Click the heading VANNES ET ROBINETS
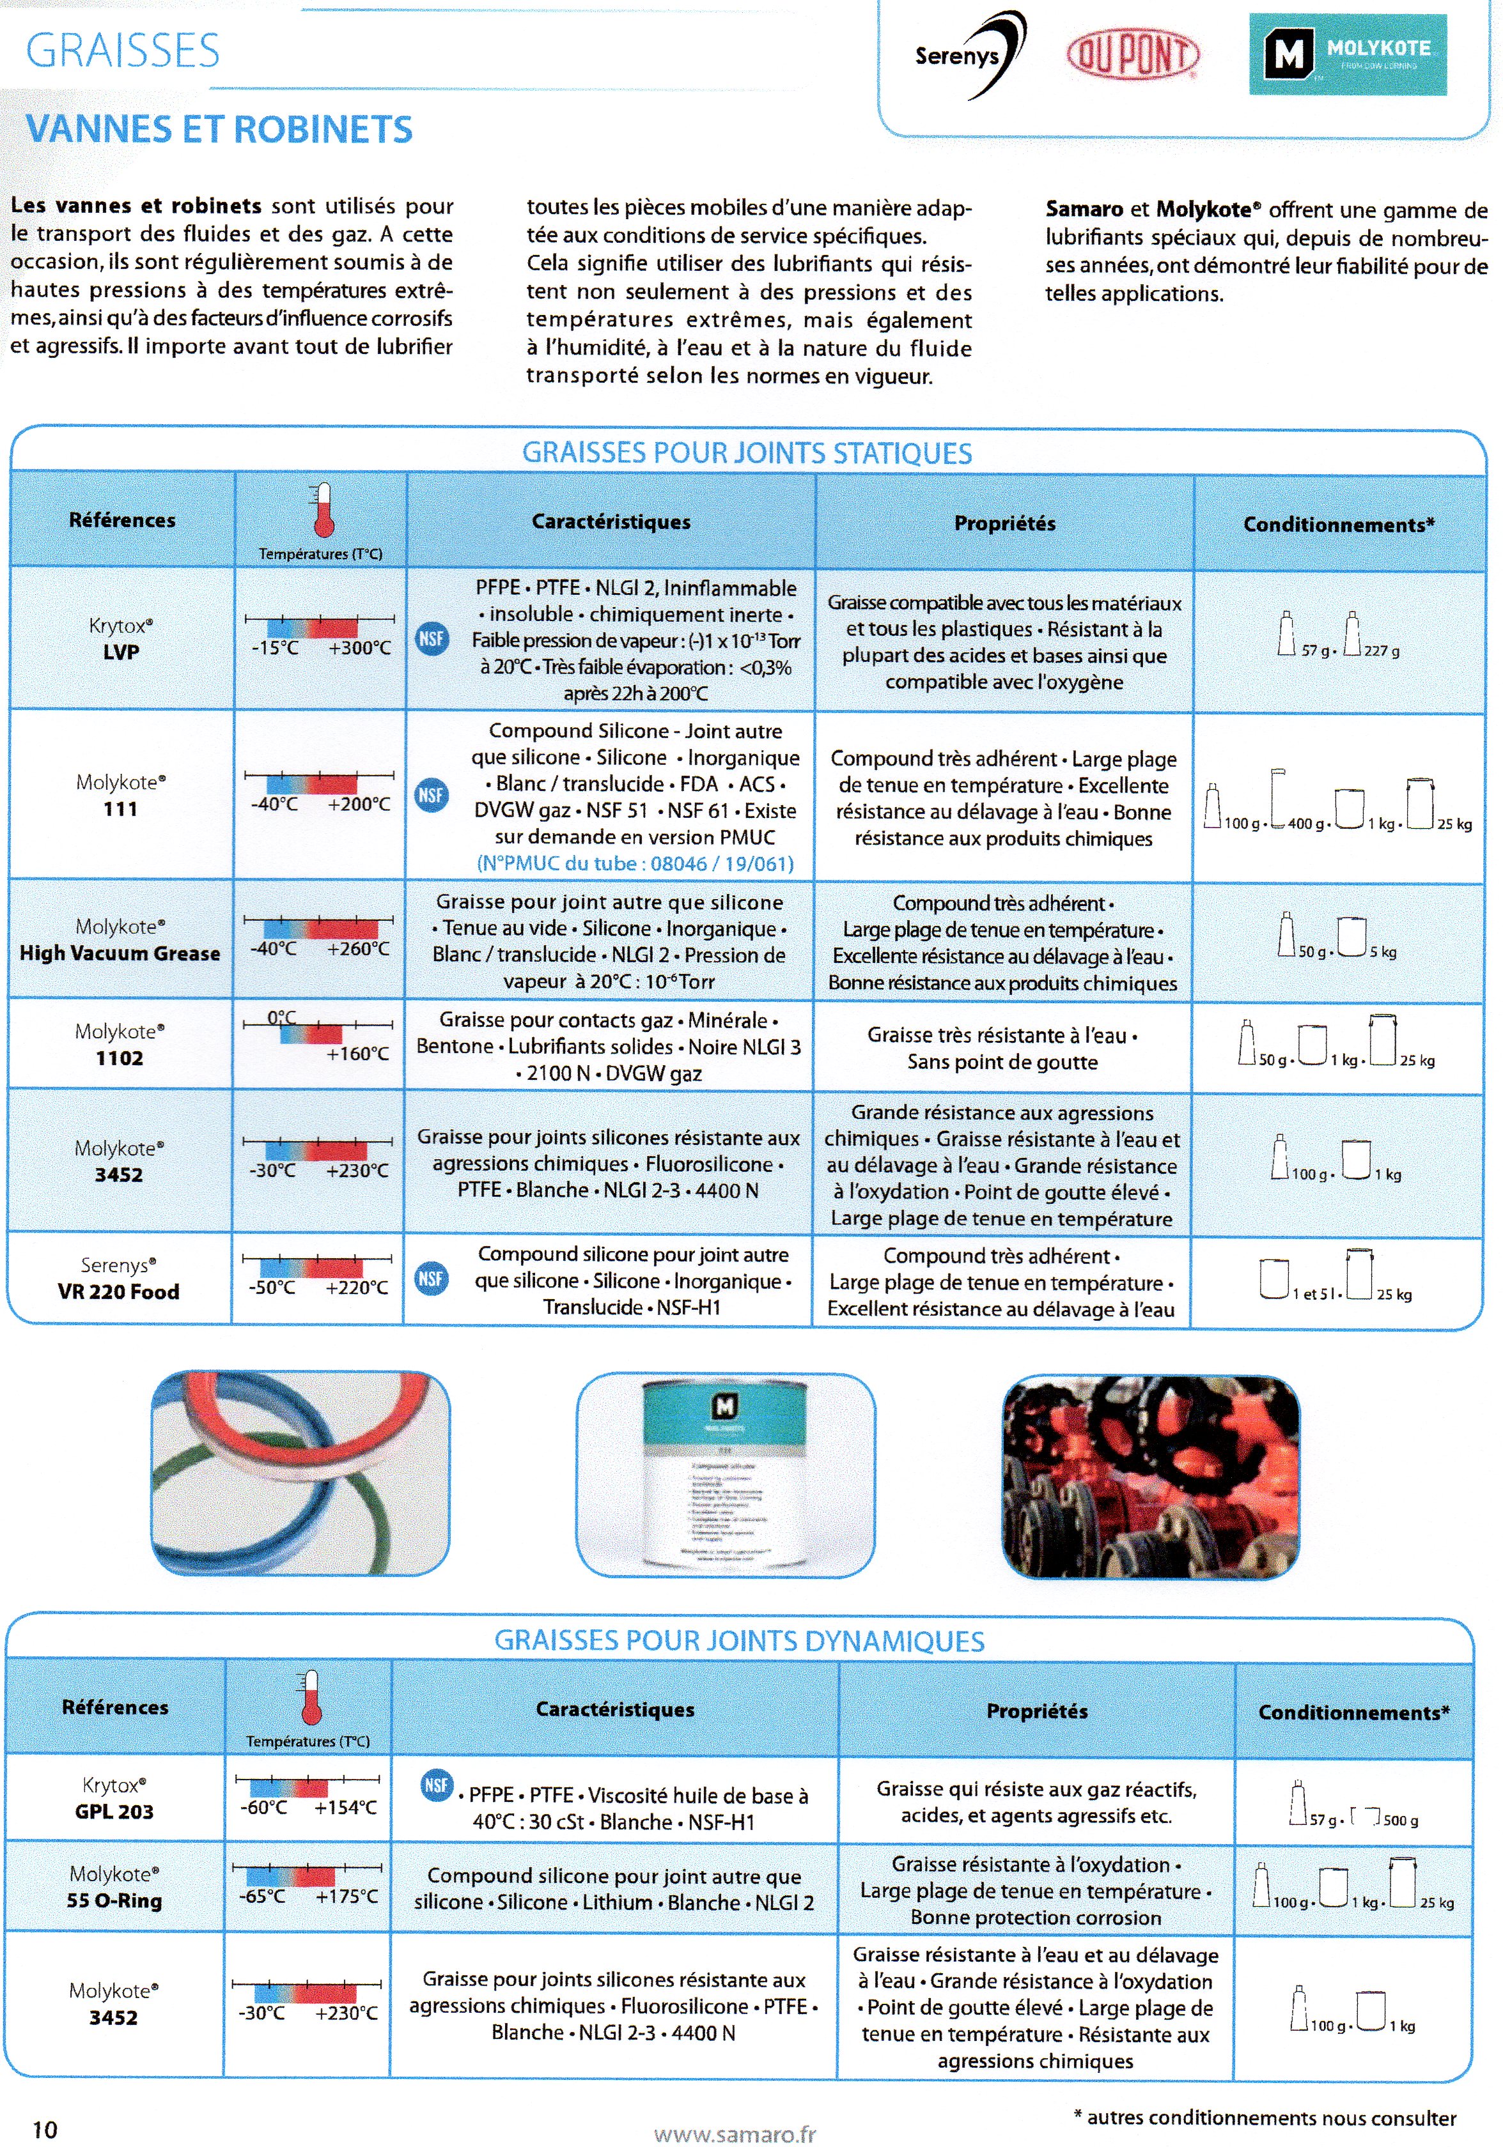(219, 129)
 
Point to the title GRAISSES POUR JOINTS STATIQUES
(746, 454)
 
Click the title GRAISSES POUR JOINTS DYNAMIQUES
(739, 1640)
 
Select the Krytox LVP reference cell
(121, 639)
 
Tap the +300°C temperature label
(359, 648)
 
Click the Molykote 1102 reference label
(120, 1045)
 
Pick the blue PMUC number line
(635, 863)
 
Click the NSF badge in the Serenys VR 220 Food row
(430, 1278)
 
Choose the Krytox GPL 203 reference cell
(114, 1797)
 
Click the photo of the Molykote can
(726, 1475)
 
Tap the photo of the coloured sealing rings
(300, 1475)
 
